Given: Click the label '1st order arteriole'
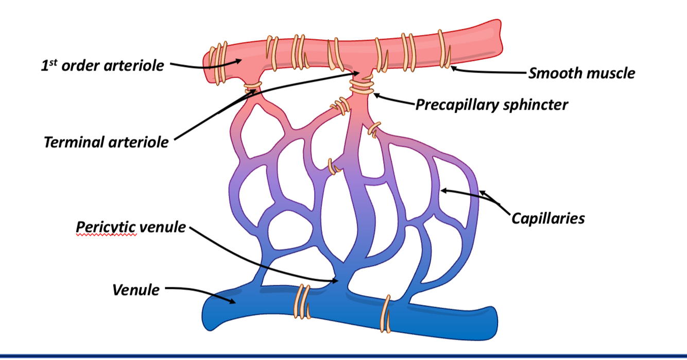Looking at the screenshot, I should pyautogui.click(x=102, y=66).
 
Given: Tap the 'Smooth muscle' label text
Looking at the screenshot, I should pyautogui.click(x=582, y=73).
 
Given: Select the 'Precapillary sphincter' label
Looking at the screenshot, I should pyautogui.click(x=492, y=105).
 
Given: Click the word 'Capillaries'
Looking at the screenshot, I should pyautogui.click(x=548, y=218).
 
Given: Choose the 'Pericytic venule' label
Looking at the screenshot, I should pyautogui.click(x=131, y=227).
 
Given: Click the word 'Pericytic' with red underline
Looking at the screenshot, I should pyautogui.click(x=106, y=227).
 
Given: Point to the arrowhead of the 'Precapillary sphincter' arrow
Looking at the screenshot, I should pyautogui.click(x=374, y=94).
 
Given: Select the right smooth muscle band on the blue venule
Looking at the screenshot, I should pyautogui.click(x=386, y=313).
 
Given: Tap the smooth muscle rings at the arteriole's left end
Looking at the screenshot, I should pyautogui.click(x=217, y=64).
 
